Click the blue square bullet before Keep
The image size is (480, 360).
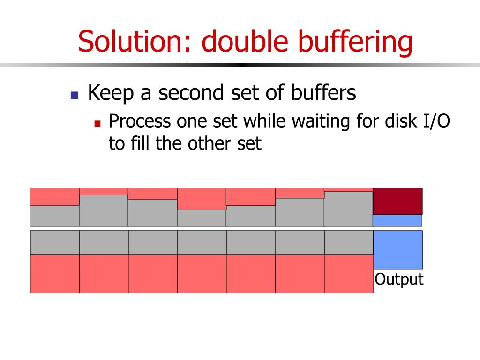pos(74,95)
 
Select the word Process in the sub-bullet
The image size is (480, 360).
pos(140,122)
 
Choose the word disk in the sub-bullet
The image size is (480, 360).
pos(397,121)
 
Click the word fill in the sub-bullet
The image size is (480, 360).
pos(141,143)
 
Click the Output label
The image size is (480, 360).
pos(399,279)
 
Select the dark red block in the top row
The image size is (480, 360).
pos(397,201)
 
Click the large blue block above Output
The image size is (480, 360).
pos(397,249)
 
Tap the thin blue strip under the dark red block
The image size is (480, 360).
pos(397,220)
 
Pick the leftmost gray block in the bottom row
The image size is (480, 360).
pos(55,242)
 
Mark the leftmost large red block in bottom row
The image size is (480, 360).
pos(55,273)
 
